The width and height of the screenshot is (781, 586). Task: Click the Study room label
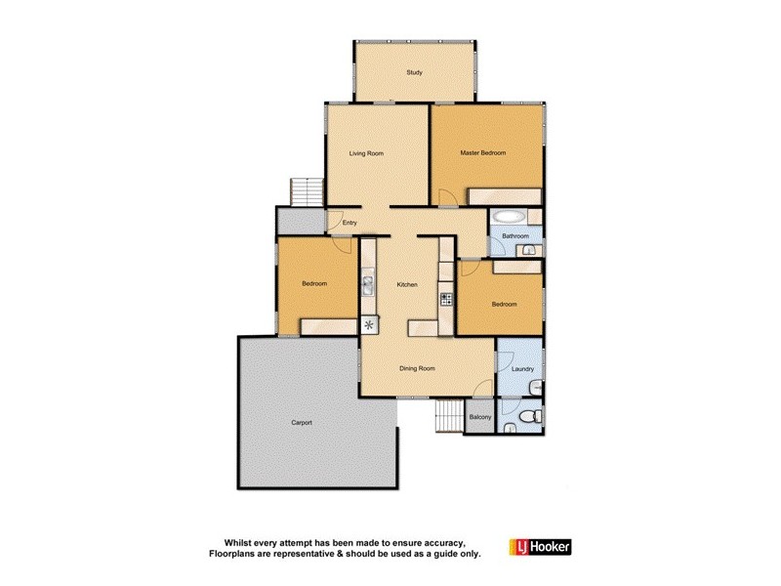(x=415, y=72)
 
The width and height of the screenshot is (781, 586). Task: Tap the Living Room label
(x=367, y=153)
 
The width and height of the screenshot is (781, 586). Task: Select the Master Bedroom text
(x=484, y=153)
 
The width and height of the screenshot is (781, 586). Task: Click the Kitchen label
(x=407, y=284)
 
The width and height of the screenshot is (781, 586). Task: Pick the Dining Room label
(x=417, y=368)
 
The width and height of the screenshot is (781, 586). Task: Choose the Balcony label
(x=479, y=418)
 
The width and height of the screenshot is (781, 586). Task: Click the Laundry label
(x=521, y=369)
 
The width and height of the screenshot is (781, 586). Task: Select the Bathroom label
(x=515, y=236)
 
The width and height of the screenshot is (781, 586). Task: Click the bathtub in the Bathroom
(x=509, y=217)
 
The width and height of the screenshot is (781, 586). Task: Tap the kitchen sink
(x=368, y=285)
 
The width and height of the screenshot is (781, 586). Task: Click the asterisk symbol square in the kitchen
(x=369, y=325)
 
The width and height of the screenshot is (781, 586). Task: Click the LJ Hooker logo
(x=540, y=548)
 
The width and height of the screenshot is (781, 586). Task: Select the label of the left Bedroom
(x=313, y=284)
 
